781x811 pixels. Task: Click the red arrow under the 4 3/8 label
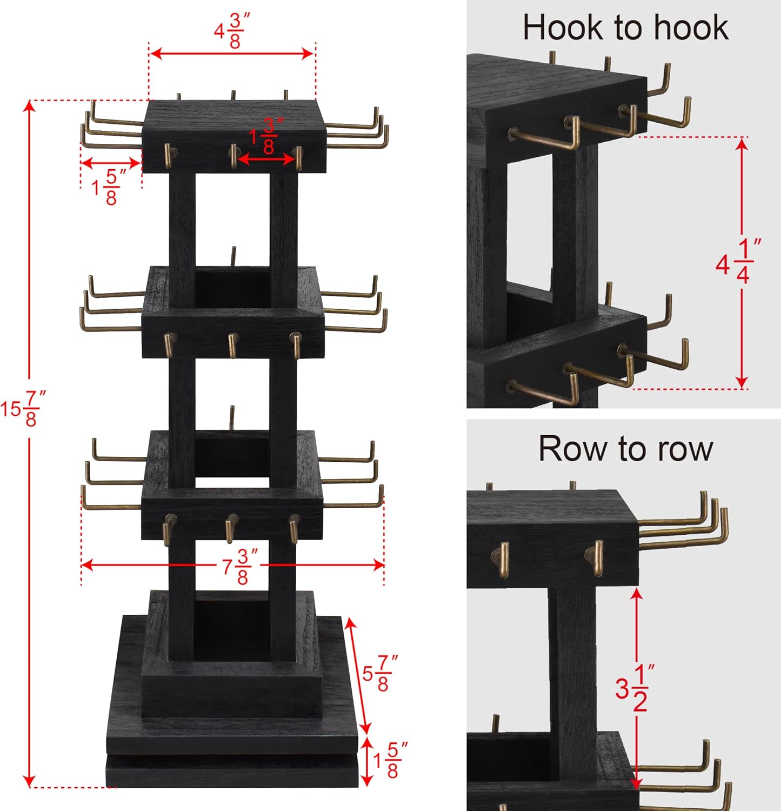232,53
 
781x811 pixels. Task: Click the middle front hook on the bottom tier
231,528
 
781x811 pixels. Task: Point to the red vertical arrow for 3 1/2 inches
637,638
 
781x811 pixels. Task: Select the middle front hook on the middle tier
232,344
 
